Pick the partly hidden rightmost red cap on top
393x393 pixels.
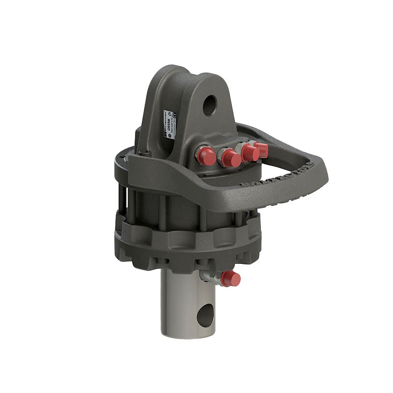[262, 149]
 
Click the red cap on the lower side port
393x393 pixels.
[230, 280]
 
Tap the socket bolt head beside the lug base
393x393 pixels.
[142, 153]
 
